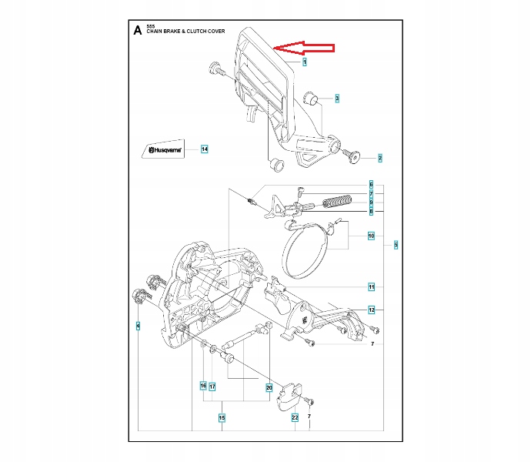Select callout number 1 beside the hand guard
pos(305,62)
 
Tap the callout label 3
pos(337,99)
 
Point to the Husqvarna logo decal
pos(162,149)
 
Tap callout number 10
pos(371,236)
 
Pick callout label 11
pos(371,287)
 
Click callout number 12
pos(371,310)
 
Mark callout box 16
pos(203,386)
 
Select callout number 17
pos(212,386)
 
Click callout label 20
pos(269,386)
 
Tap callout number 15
pos(222,418)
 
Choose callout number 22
pos(295,418)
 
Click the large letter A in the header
pos(137,31)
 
